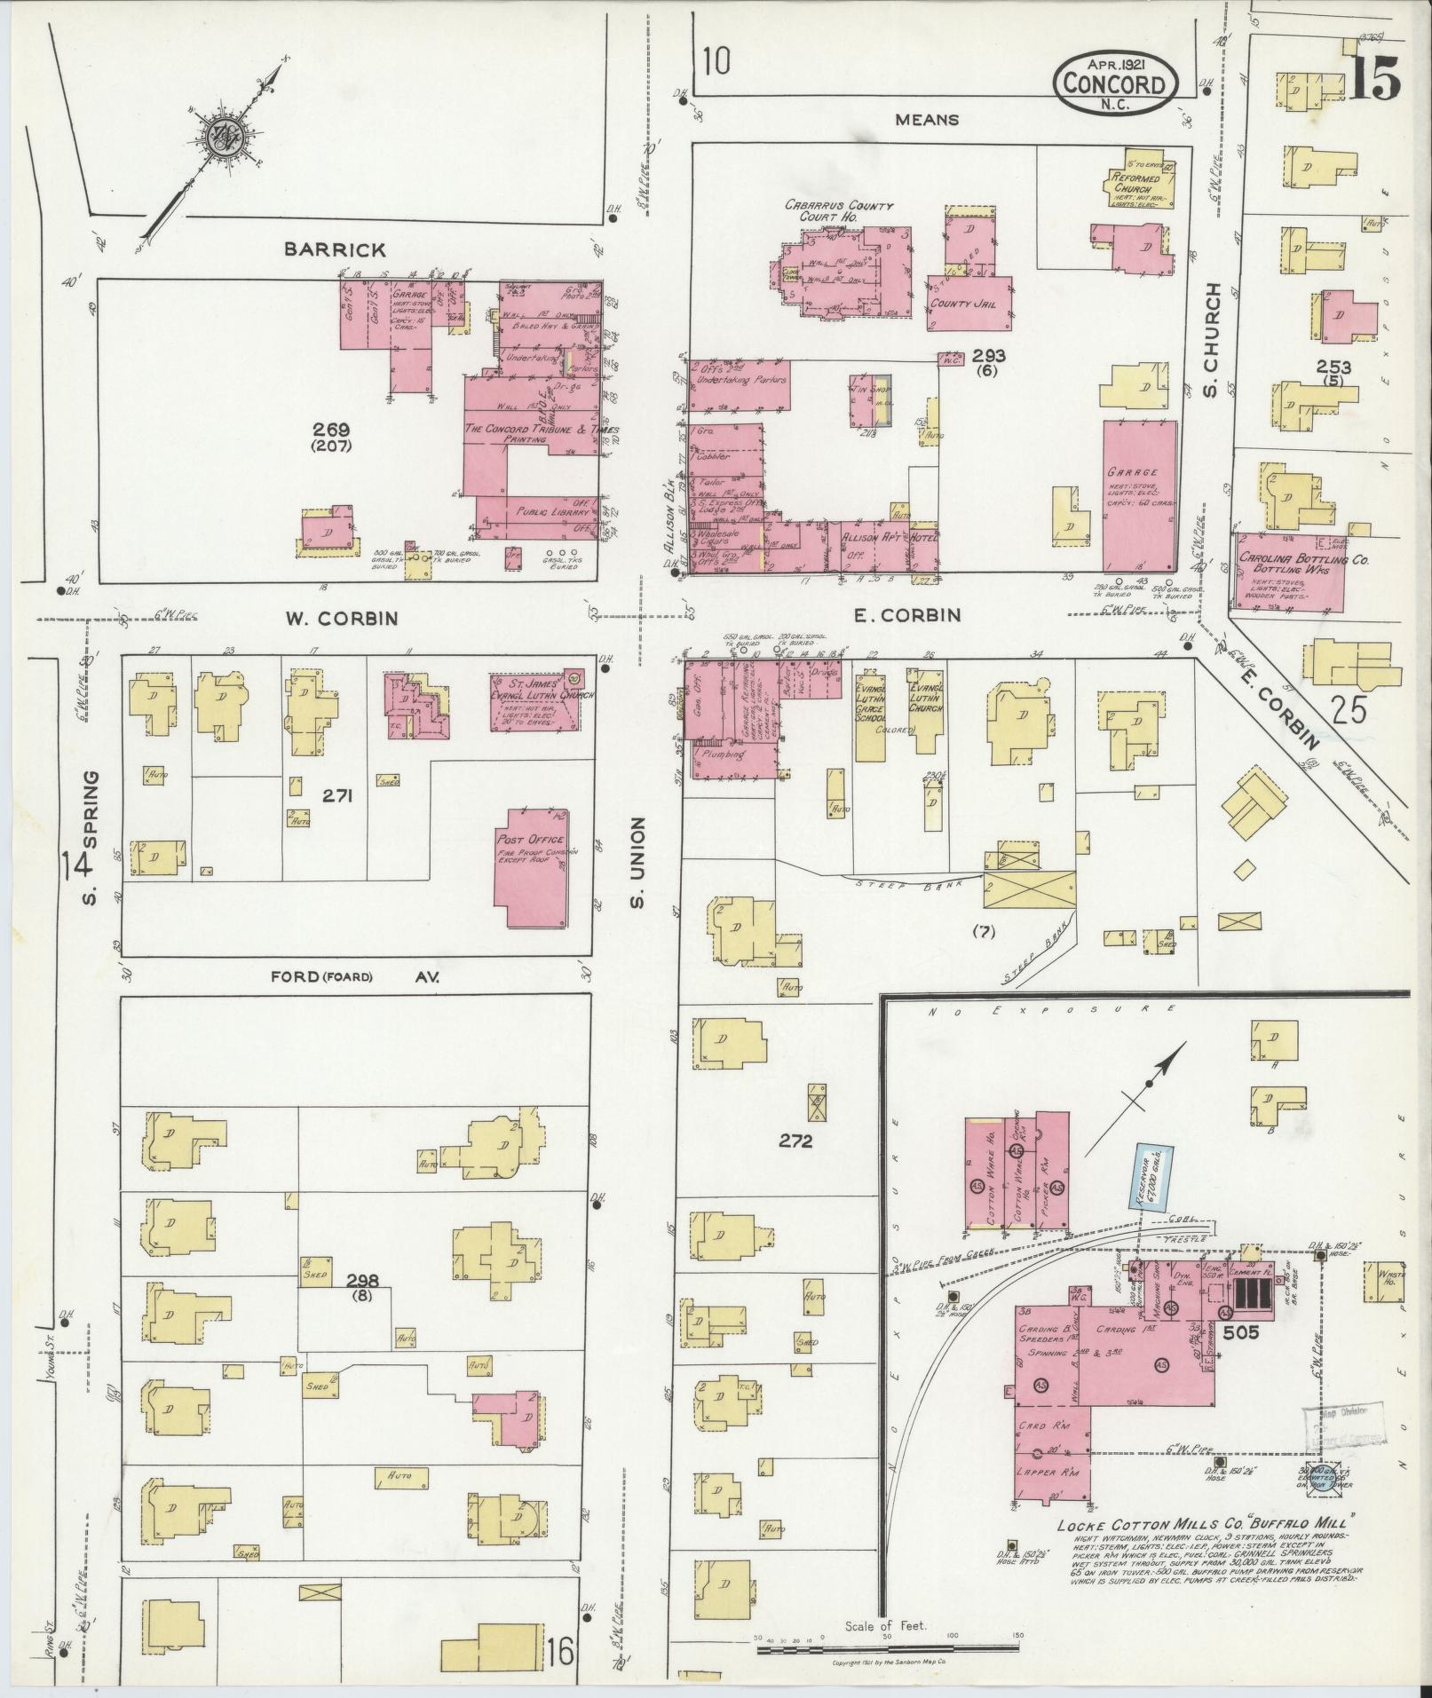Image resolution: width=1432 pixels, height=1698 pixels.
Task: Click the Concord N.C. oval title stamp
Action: pyautogui.click(x=1116, y=84)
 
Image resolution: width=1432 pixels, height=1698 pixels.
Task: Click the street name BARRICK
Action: pyautogui.click(x=335, y=250)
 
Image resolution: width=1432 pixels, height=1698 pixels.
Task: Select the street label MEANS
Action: pyautogui.click(x=926, y=119)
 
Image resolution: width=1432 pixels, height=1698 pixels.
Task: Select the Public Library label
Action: pyautogui.click(x=542, y=513)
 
